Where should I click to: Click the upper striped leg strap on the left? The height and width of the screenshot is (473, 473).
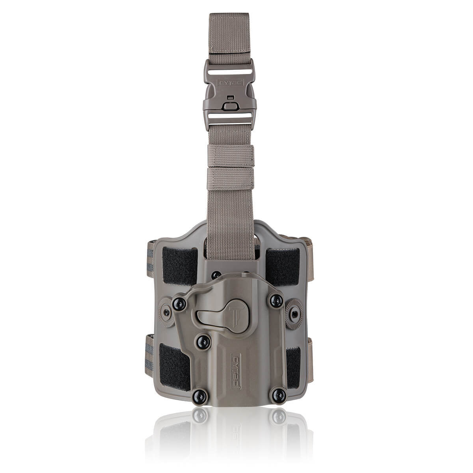(150, 258)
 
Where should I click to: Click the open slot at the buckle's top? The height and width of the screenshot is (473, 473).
(229, 72)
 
